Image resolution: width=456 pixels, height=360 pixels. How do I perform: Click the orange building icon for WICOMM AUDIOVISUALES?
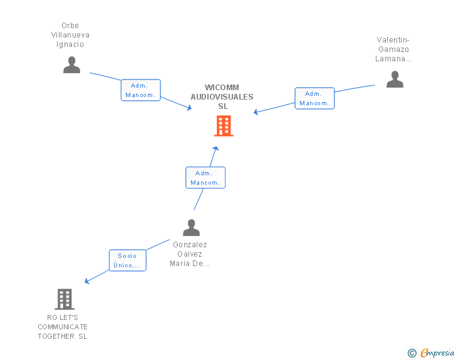224,126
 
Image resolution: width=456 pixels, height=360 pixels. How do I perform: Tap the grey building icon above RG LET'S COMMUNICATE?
65,299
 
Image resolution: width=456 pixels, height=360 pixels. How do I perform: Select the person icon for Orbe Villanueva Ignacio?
72,65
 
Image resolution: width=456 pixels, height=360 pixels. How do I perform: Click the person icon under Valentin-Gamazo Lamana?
395,80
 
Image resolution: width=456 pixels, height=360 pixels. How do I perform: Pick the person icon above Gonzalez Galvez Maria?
191,227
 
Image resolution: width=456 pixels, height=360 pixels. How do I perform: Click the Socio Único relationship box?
128,260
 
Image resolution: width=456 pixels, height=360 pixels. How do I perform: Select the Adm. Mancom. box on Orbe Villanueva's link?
140,90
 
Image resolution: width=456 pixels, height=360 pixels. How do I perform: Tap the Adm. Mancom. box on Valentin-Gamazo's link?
314,98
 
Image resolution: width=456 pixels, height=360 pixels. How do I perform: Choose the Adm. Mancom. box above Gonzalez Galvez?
205,178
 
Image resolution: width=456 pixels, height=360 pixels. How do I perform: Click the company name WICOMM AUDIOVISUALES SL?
222,97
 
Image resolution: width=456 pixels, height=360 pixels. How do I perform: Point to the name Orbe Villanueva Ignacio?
70,35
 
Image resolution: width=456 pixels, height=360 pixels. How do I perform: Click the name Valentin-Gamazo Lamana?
394,49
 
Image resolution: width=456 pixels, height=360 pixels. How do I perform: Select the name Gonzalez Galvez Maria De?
190,254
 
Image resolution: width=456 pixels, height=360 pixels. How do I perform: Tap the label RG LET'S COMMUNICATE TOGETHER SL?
63,327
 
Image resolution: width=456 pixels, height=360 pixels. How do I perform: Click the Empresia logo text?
437,352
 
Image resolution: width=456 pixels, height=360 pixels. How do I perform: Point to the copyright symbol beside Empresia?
412,353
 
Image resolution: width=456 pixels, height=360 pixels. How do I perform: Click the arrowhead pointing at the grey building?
87,281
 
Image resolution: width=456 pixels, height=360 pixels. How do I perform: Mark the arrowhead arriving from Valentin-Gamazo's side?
256,113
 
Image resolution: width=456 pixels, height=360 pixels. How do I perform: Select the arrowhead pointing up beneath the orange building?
216,148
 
